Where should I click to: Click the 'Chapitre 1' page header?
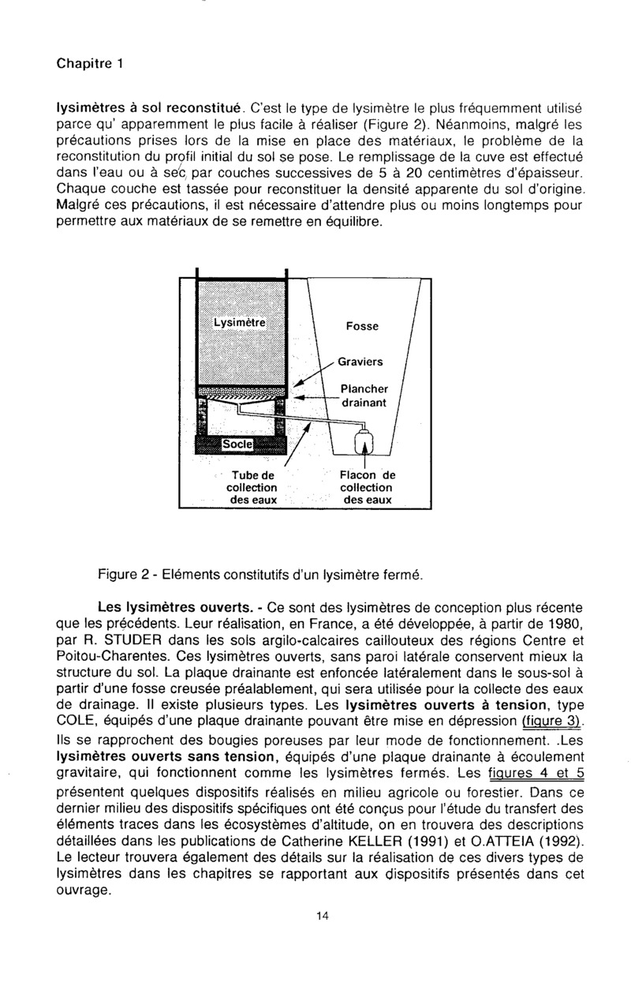87,62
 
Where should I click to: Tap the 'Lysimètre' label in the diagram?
241,323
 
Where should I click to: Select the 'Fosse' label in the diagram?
363,326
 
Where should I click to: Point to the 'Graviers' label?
360,362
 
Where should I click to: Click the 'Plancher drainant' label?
364,396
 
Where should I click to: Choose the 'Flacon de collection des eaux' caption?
367,487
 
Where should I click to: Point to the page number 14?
320,916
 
